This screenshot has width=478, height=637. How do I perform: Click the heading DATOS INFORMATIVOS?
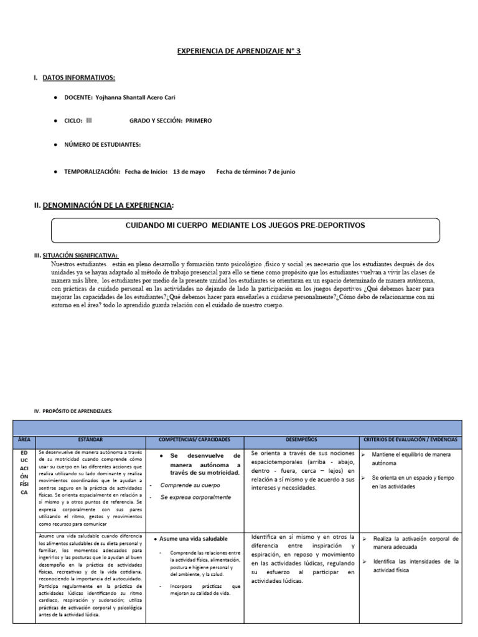[x=78, y=78]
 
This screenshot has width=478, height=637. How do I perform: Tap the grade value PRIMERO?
[x=198, y=121]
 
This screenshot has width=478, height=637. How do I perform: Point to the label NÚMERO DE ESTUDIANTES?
[x=102, y=144]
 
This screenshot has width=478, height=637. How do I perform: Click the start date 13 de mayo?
[x=189, y=172]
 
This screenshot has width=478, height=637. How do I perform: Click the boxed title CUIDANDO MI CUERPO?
[x=245, y=225]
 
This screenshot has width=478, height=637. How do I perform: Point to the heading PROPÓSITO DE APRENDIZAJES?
[x=73, y=411]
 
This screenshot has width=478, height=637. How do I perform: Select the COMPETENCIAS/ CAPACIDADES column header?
[x=194, y=439]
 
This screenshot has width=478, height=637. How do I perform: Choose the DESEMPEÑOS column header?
[x=301, y=439]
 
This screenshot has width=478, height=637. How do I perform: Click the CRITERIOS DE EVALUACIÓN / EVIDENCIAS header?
[x=410, y=439]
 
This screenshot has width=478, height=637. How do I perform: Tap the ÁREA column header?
[x=24, y=439]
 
